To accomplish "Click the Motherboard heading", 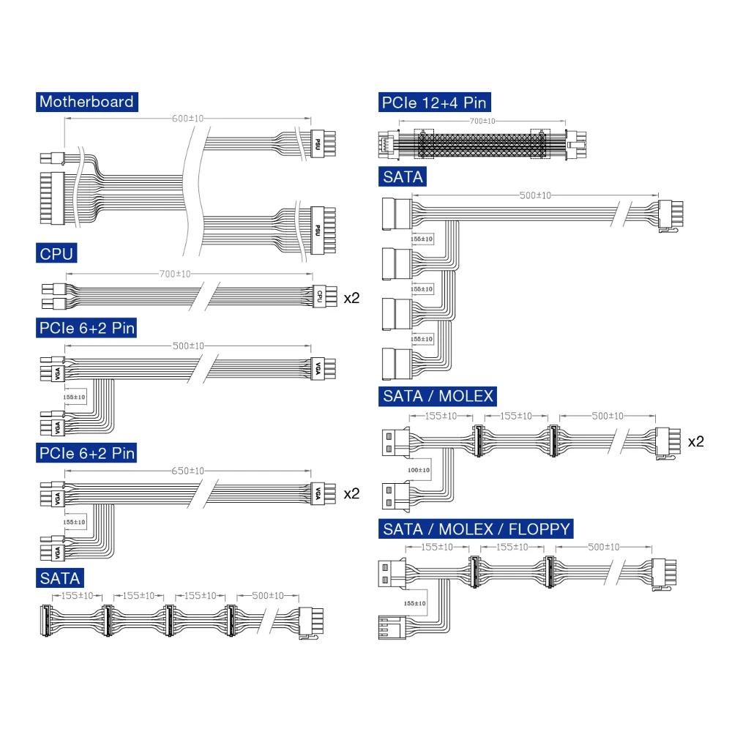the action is click(x=87, y=102).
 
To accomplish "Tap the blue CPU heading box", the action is click(x=56, y=253).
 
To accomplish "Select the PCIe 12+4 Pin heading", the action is click(x=435, y=102).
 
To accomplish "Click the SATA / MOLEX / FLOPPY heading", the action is click(x=477, y=529).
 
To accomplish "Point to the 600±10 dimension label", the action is click(x=187, y=119).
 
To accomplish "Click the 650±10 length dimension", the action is click(x=187, y=471).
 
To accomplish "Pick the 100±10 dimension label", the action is click(x=419, y=470).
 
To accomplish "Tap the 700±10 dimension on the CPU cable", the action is click(x=175, y=274).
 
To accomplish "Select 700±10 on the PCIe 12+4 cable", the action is click(x=482, y=122).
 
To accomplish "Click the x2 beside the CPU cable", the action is click(x=351, y=298).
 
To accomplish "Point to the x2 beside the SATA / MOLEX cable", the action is click(x=696, y=441).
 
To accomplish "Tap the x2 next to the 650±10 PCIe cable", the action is click(x=351, y=493).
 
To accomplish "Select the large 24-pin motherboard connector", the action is click(x=52, y=198).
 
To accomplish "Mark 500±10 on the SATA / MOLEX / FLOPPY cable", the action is click(x=604, y=547).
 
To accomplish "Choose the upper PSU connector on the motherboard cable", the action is click(x=323, y=143).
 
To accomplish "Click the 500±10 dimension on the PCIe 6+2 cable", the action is click(x=188, y=346).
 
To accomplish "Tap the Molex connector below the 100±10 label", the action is click(x=396, y=496).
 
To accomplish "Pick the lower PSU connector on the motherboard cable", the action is click(x=323, y=231).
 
